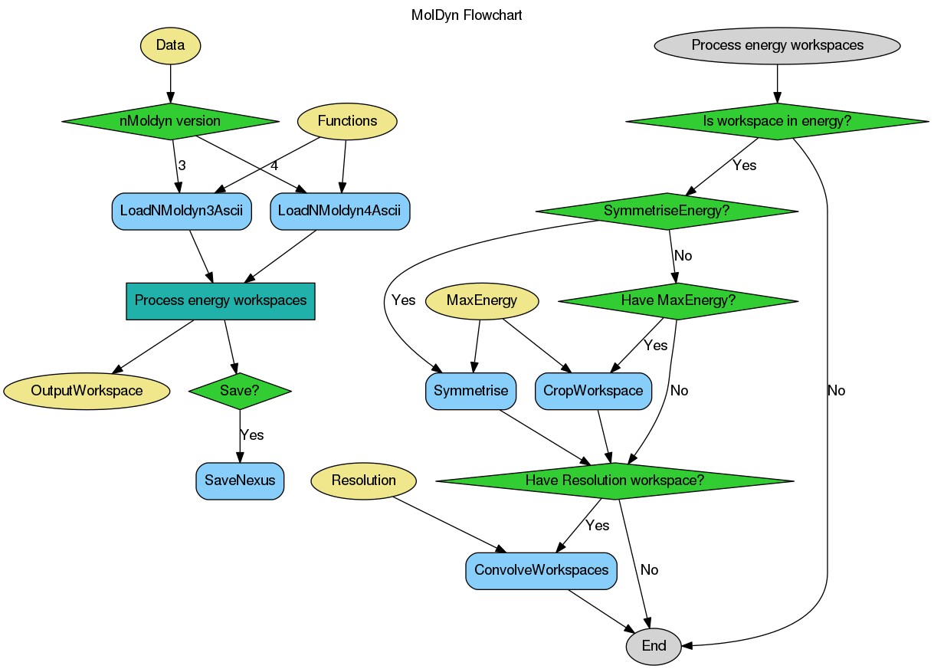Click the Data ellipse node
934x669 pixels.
click(x=170, y=45)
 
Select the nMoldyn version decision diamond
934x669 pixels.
click(x=170, y=121)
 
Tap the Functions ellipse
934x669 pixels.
click(x=347, y=121)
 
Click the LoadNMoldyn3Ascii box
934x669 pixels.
click(x=182, y=211)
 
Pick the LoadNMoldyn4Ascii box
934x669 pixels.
click(x=339, y=211)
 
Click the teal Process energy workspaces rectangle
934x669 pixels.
click(x=221, y=301)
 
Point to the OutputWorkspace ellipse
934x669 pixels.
click(x=87, y=391)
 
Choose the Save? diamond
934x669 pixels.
click(x=240, y=391)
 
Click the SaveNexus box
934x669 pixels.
click(x=240, y=481)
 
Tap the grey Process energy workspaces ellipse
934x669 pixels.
click(x=777, y=45)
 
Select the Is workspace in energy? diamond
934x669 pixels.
click(x=777, y=121)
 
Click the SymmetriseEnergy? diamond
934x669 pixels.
click(x=667, y=211)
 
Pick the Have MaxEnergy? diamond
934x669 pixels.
click(x=678, y=301)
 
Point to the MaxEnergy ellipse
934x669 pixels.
click(x=481, y=301)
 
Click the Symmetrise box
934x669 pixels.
click(x=470, y=391)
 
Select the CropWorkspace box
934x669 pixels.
click(x=593, y=391)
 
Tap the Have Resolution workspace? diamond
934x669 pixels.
click(x=614, y=481)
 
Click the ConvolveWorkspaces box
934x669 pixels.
click(x=541, y=571)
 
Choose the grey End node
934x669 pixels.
click(x=654, y=646)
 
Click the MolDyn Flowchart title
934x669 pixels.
click(x=467, y=15)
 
